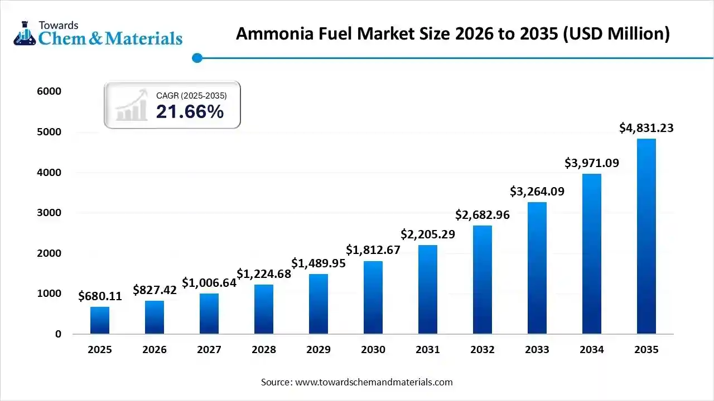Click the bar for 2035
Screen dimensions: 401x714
point(646,236)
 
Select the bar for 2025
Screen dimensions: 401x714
point(100,320)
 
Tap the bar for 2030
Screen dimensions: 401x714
point(373,297)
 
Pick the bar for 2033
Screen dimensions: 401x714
point(537,268)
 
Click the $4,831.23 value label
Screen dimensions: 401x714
point(646,128)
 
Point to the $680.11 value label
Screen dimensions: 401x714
point(100,296)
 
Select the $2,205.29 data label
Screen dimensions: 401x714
point(428,234)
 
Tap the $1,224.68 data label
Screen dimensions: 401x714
point(264,274)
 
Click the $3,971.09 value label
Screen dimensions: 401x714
point(591,163)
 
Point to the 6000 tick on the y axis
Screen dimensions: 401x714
point(50,91)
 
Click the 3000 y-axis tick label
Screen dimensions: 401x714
point(50,213)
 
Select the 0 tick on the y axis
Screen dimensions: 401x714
point(57,334)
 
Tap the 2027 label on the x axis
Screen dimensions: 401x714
point(209,350)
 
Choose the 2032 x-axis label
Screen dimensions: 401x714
point(483,350)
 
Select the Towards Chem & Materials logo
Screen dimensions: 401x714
point(98,33)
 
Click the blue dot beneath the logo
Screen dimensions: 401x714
point(196,57)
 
